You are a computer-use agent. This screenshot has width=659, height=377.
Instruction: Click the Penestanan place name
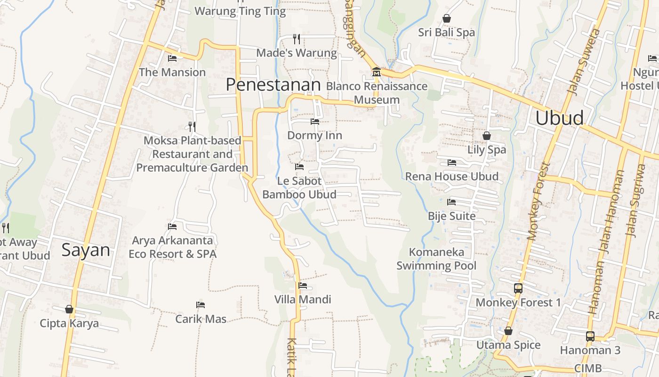[x=273, y=85]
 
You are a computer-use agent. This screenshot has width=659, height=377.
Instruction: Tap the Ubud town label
[x=560, y=118]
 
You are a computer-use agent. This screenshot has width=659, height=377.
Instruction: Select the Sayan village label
[x=86, y=250]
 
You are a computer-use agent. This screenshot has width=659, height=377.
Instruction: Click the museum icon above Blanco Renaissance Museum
[x=377, y=73]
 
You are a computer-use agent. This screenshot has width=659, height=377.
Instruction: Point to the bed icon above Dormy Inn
[x=315, y=122]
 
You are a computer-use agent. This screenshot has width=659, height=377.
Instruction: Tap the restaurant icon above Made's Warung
[x=297, y=39]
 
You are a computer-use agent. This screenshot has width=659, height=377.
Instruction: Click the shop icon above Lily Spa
[x=487, y=136]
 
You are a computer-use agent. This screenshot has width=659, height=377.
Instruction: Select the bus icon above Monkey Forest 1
[x=518, y=288]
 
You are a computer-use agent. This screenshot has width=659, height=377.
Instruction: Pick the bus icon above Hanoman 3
[x=590, y=336]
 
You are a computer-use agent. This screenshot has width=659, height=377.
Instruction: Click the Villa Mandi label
[x=303, y=299]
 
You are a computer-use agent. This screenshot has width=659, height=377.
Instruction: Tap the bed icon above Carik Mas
[x=201, y=305]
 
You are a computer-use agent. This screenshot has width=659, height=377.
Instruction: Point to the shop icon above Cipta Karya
[x=69, y=309]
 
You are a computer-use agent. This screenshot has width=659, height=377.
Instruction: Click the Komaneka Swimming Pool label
[x=436, y=259]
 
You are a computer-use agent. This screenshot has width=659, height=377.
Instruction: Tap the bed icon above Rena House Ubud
[x=452, y=163]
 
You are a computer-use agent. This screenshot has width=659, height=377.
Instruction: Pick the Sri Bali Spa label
[x=446, y=33]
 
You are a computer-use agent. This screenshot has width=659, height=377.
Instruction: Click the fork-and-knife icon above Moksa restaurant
[x=192, y=126]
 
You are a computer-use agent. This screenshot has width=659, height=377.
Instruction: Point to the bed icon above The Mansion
[x=172, y=58]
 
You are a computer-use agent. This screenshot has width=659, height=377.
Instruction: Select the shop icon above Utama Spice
[x=508, y=331]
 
